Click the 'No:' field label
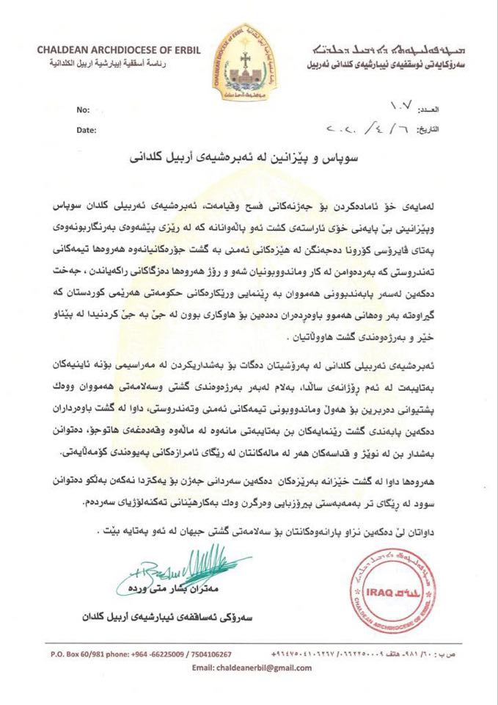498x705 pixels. pos(82,109)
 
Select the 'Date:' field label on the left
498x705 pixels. pos(86,130)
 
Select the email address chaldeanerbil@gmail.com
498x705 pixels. pos(252,668)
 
